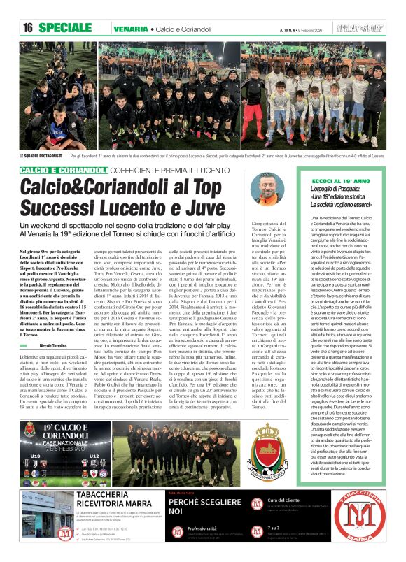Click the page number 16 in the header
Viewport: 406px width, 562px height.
pos(28,28)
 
